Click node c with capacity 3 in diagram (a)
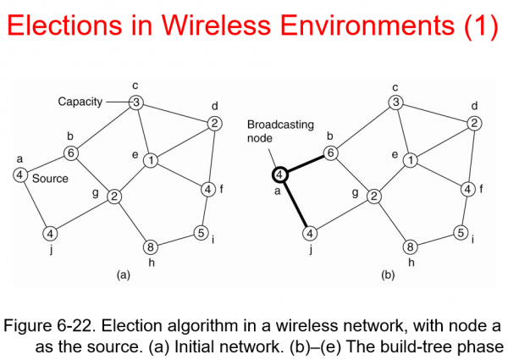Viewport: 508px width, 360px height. click(135, 103)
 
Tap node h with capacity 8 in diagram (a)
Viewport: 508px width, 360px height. click(152, 248)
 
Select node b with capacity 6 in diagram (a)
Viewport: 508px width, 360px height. click(72, 153)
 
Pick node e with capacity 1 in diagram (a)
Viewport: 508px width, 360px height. click(150, 160)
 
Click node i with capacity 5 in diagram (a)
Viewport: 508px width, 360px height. click(202, 233)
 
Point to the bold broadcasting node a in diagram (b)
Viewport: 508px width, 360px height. click(280, 175)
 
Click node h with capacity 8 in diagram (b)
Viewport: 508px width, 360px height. click(411, 248)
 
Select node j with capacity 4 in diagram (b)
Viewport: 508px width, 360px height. click(310, 233)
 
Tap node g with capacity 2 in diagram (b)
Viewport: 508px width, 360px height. click(373, 197)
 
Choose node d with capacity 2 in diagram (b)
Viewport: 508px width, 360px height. click(475, 124)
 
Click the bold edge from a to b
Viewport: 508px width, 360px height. click(306, 163)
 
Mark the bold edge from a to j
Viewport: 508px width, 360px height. click(295, 204)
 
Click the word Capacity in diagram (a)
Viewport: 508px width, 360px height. click(79, 102)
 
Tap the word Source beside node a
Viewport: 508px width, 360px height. click(49, 179)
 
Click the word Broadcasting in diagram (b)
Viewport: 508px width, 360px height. click(280, 125)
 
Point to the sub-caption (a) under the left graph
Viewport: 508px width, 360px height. click(123, 275)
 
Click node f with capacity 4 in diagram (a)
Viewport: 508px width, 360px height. click(208, 189)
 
